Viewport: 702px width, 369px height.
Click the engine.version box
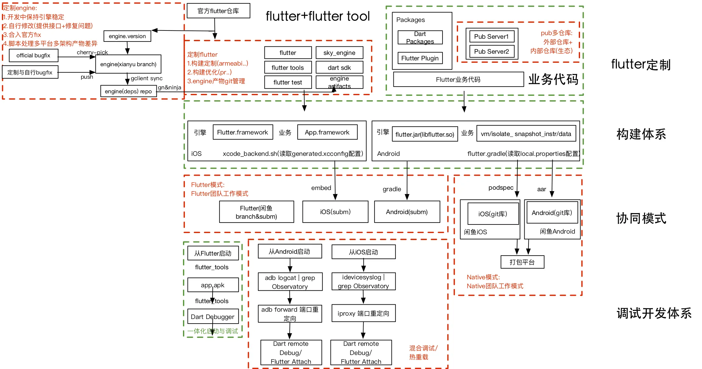coord(127,36)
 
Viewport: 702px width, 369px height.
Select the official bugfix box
coord(33,56)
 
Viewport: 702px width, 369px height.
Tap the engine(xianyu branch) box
coord(128,64)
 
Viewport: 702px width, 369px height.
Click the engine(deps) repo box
coord(128,91)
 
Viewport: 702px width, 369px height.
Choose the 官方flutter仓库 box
coord(218,11)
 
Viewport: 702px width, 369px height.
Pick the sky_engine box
coord(339,53)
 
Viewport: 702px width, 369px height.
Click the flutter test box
coord(288,82)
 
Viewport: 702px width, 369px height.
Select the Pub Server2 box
coord(491,52)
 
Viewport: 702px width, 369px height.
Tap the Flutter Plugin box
coord(420,58)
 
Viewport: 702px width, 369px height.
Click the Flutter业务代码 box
coord(458,80)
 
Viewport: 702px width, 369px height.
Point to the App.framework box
coord(327,132)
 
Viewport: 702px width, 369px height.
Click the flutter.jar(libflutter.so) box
coord(424,134)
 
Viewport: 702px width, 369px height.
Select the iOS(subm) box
coord(335,212)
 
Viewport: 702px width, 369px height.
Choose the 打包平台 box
coord(522,262)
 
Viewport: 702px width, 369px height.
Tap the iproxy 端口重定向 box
coord(363,313)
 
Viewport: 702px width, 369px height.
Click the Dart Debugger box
coord(213,317)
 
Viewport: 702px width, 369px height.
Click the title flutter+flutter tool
coord(317,16)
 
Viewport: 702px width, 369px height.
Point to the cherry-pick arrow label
coord(92,52)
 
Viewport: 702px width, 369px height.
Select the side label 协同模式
coord(641,218)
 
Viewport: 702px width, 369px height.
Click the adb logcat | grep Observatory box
coord(290,282)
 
